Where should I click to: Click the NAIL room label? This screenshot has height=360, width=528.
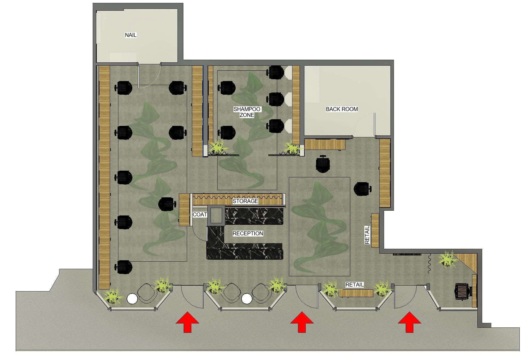[131, 35]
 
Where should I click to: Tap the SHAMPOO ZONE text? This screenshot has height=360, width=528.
[247, 112]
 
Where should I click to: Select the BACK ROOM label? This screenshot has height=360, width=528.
[342, 109]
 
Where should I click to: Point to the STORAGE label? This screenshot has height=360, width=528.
[245, 201]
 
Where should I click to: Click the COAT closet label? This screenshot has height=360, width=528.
[200, 214]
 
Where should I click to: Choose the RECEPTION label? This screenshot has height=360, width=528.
[248, 233]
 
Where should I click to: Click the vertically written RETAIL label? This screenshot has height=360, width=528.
[367, 235]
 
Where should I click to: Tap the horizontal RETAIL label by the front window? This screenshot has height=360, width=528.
[354, 285]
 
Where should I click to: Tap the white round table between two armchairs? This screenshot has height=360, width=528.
[247, 299]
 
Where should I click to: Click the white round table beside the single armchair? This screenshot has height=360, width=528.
[132, 299]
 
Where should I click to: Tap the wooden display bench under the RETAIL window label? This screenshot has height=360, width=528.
[356, 293]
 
